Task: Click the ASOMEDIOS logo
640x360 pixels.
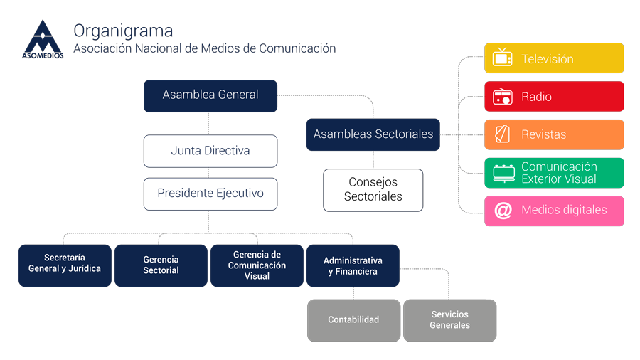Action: point(43,40)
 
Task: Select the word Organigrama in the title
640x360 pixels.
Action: point(123,31)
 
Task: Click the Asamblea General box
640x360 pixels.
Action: point(210,96)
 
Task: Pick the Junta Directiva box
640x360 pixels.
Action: point(210,151)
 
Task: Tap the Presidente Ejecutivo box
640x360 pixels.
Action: point(210,194)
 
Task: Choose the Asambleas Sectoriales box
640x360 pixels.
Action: point(373,134)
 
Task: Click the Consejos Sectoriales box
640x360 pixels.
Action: point(373,190)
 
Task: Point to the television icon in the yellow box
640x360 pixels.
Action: point(503,57)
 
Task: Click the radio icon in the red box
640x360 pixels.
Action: point(503,97)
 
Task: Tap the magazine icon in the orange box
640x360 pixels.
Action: point(503,134)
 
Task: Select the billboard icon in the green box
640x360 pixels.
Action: point(504,174)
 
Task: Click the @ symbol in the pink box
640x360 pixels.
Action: point(503,211)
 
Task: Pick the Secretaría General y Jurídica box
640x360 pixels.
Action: point(65,265)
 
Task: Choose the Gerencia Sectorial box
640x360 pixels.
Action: point(161,265)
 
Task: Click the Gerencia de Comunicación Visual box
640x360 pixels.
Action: point(257,265)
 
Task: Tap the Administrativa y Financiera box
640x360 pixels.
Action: point(353,265)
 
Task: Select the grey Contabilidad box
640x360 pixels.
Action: point(353,320)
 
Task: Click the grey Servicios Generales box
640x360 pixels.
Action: point(450,320)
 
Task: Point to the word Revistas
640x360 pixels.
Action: point(544,134)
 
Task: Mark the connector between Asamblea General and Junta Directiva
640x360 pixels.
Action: point(208,123)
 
